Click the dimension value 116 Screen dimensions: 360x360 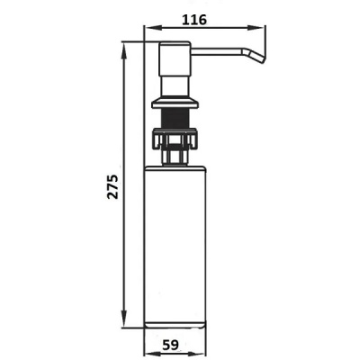coord(194,20)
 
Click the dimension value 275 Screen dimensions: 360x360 coord(113,186)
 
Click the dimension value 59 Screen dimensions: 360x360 coord(171,345)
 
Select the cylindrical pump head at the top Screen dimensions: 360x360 coord(175,58)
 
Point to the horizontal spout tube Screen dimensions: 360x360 coord(216,51)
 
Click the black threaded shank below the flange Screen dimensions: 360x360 coord(175,118)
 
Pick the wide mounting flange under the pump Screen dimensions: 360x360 coord(175,103)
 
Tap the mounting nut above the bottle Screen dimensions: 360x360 coord(175,138)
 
